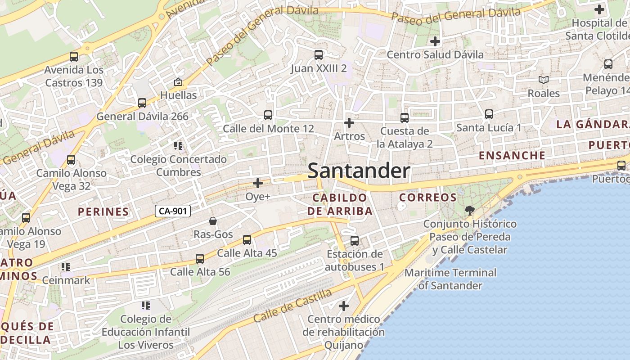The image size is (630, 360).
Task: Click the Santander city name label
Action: [359, 171]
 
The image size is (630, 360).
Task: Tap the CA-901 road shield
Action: [173, 211]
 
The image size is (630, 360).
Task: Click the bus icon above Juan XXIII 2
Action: [319, 55]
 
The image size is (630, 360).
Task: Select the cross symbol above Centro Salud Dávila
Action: [435, 41]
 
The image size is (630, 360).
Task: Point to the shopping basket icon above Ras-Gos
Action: [213, 221]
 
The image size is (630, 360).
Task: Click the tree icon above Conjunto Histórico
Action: [469, 210]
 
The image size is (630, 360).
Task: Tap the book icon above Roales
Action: [544, 80]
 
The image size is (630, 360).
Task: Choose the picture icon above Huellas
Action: [178, 82]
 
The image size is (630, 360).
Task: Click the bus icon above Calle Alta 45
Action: [247, 240]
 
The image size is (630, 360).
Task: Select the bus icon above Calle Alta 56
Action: [200, 259]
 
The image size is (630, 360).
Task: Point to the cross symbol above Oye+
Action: [258, 183]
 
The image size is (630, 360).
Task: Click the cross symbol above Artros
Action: [349, 122]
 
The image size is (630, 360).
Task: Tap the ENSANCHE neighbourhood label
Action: [512, 156]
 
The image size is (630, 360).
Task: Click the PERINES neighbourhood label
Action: [103, 211]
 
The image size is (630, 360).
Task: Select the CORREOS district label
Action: [428, 197]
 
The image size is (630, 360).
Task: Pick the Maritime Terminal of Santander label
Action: [450, 279]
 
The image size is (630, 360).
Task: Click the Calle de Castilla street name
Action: [292, 306]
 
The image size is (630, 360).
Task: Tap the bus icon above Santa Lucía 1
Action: [489, 114]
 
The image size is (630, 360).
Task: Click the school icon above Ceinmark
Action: [66, 267]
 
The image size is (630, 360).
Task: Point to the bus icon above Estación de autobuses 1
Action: [355, 241]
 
